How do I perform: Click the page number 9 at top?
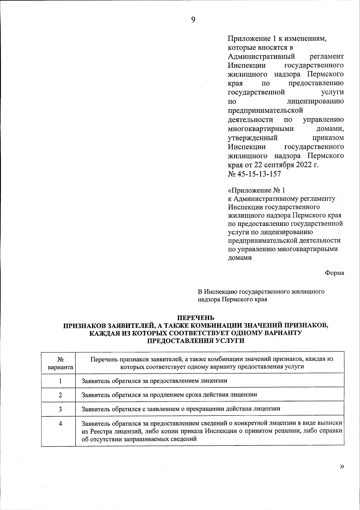point(193,20)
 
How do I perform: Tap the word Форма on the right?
point(334,273)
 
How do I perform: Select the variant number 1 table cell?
point(60,381)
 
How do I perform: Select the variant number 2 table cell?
point(60,395)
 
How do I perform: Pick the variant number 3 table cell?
point(60,409)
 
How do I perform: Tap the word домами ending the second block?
point(240,257)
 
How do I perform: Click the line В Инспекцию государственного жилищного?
point(261,291)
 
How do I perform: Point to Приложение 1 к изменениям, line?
point(277,38)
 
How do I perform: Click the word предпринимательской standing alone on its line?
point(265,110)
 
